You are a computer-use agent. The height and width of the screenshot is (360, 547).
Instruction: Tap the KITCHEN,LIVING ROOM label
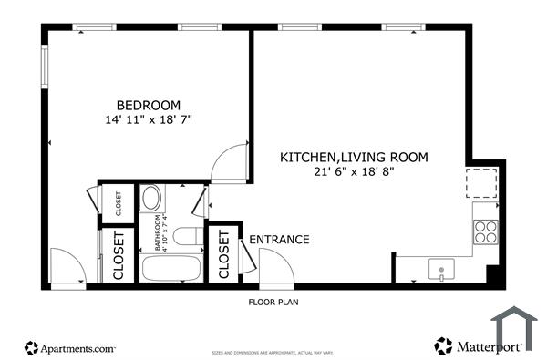click(x=353, y=157)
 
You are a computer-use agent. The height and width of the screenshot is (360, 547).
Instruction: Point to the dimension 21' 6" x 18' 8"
click(x=353, y=171)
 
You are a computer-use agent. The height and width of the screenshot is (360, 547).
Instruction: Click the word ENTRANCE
click(x=279, y=240)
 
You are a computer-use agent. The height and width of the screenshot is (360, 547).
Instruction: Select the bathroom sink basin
click(x=152, y=199)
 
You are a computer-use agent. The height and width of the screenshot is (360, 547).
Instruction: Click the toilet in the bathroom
click(x=187, y=238)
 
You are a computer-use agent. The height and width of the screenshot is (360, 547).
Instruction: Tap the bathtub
click(x=170, y=269)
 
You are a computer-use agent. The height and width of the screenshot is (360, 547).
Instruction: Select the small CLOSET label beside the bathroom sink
click(x=118, y=202)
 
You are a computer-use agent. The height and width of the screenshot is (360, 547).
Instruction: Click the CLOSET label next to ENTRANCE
click(x=224, y=254)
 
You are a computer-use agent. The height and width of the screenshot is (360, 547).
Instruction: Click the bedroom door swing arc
click(x=229, y=161)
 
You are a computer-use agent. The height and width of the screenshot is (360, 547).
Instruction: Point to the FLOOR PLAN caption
click(x=273, y=302)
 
